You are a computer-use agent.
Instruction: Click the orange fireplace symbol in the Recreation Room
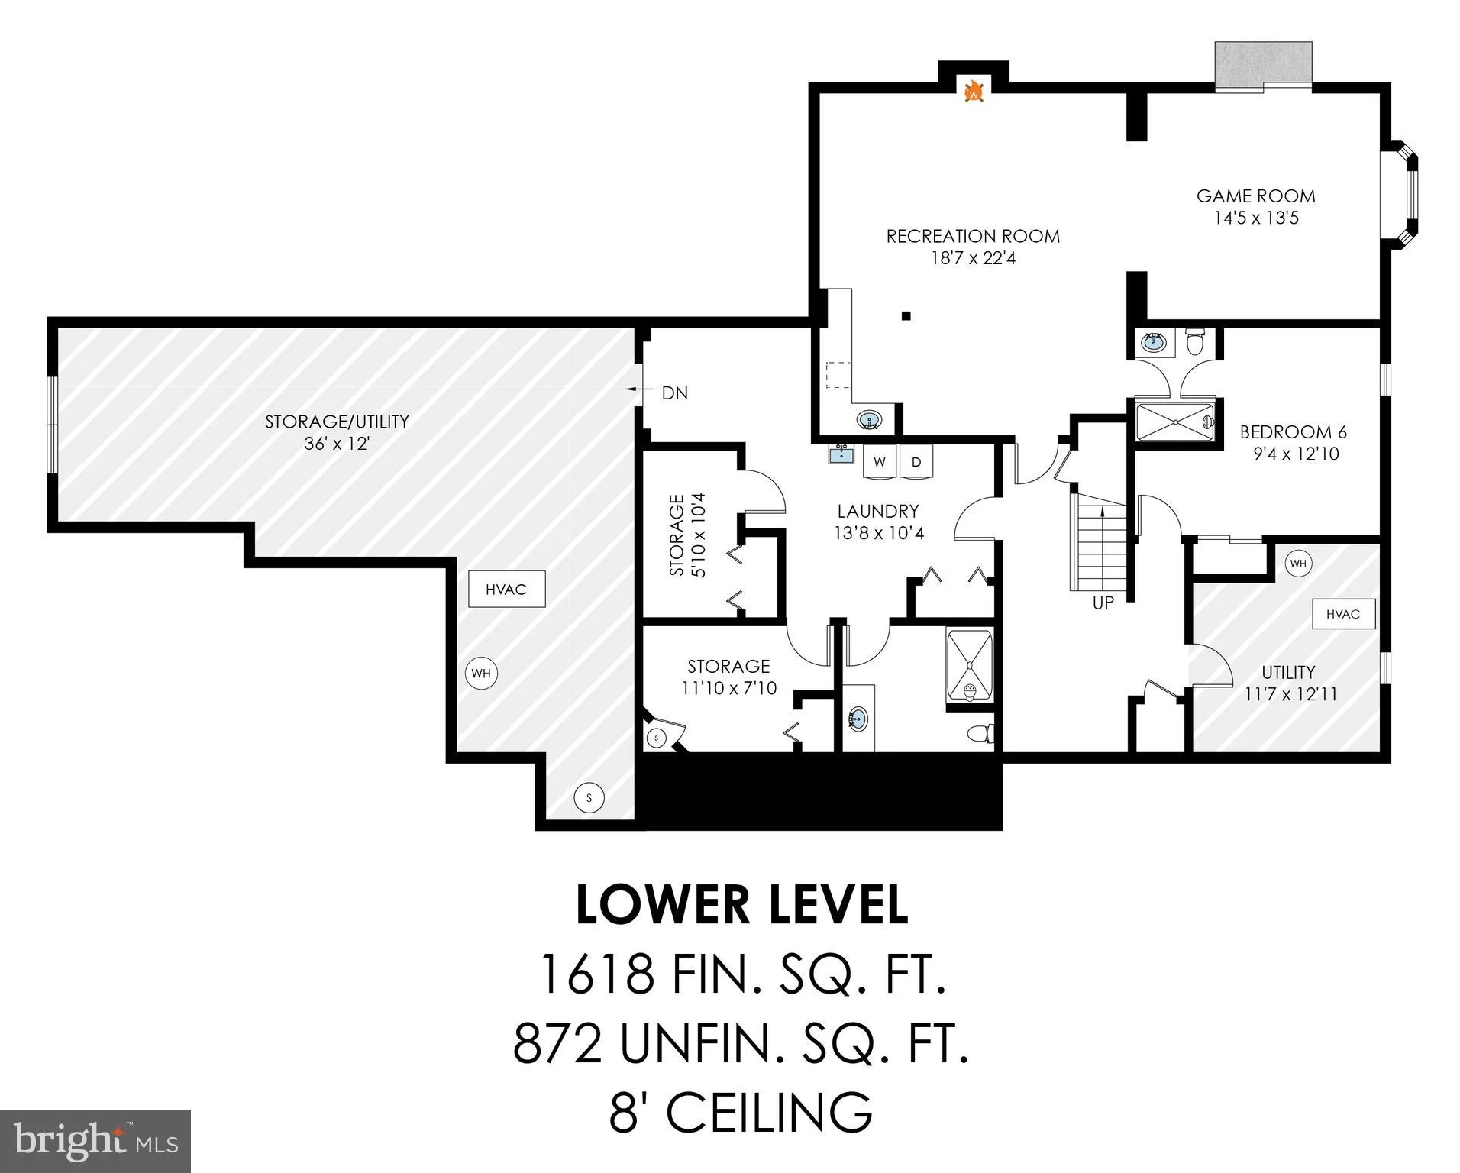[974, 92]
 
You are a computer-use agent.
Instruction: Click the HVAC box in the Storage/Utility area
[506, 589]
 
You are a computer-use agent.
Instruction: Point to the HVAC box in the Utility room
[1342, 614]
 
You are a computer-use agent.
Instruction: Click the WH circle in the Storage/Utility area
[481, 673]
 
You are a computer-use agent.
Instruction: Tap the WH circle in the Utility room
[1298, 564]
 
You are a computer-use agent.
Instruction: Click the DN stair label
[674, 393]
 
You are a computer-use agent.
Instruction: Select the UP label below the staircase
[1103, 603]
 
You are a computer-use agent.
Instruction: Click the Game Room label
[1256, 196]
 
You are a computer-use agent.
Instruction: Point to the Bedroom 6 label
[1294, 432]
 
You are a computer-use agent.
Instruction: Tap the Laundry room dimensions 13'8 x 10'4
[879, 533]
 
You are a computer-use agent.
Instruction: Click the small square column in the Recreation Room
[906, 315]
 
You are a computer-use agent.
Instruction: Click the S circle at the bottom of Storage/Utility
[589, 799]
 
